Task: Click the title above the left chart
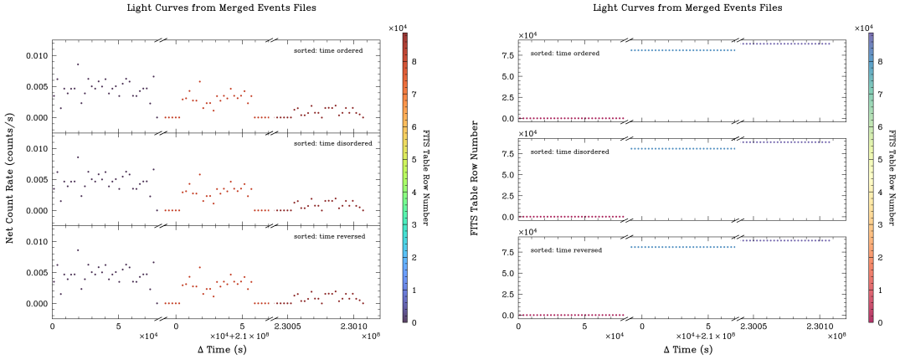(x=214, y=8)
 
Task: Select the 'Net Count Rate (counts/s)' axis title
(x=10, y=180)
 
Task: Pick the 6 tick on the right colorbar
(x=879, y=126)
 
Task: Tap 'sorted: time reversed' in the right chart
(x=566, y=249)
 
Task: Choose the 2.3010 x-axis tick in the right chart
(x=820, y=327)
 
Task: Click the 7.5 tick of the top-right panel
(x=506, y=55)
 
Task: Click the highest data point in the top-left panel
(x=78, y=64)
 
